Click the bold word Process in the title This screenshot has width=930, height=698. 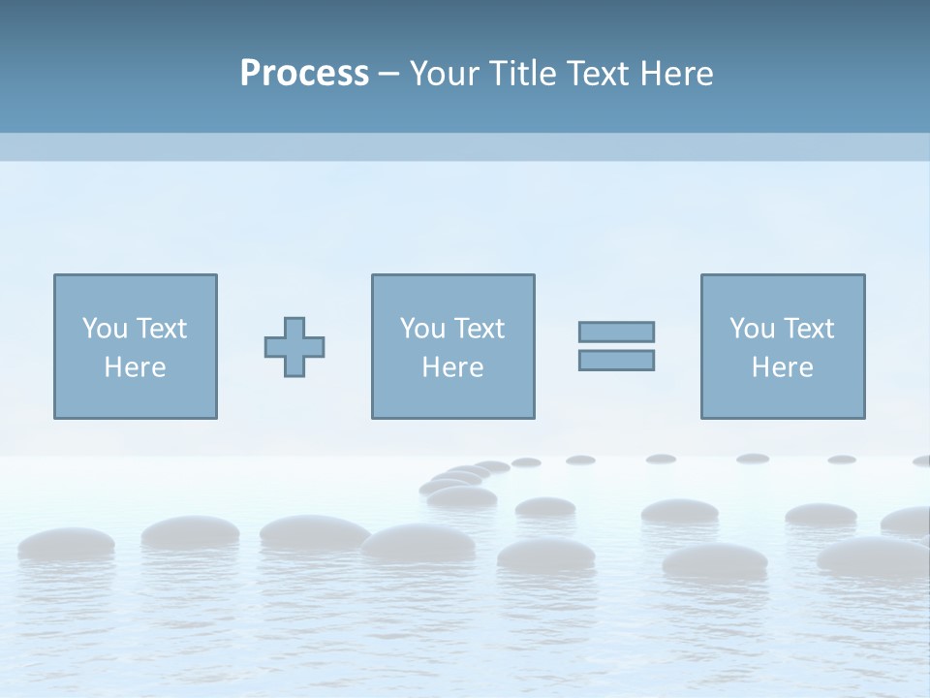(304, 74)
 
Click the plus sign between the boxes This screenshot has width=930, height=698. (294, 347)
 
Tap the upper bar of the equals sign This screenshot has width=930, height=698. (616, 332)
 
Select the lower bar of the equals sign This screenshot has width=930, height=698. (616, 360)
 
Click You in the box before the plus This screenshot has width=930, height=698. (104, 329)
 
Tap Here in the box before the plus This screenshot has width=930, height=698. (135, 367)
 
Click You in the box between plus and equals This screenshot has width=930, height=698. (421, 329)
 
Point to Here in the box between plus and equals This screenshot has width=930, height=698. (452, 367)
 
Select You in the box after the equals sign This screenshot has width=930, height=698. (751, 329)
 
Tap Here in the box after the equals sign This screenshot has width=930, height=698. (782, 367)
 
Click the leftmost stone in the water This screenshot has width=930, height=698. (65, 542)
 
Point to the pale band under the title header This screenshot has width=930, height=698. (465, 146)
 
